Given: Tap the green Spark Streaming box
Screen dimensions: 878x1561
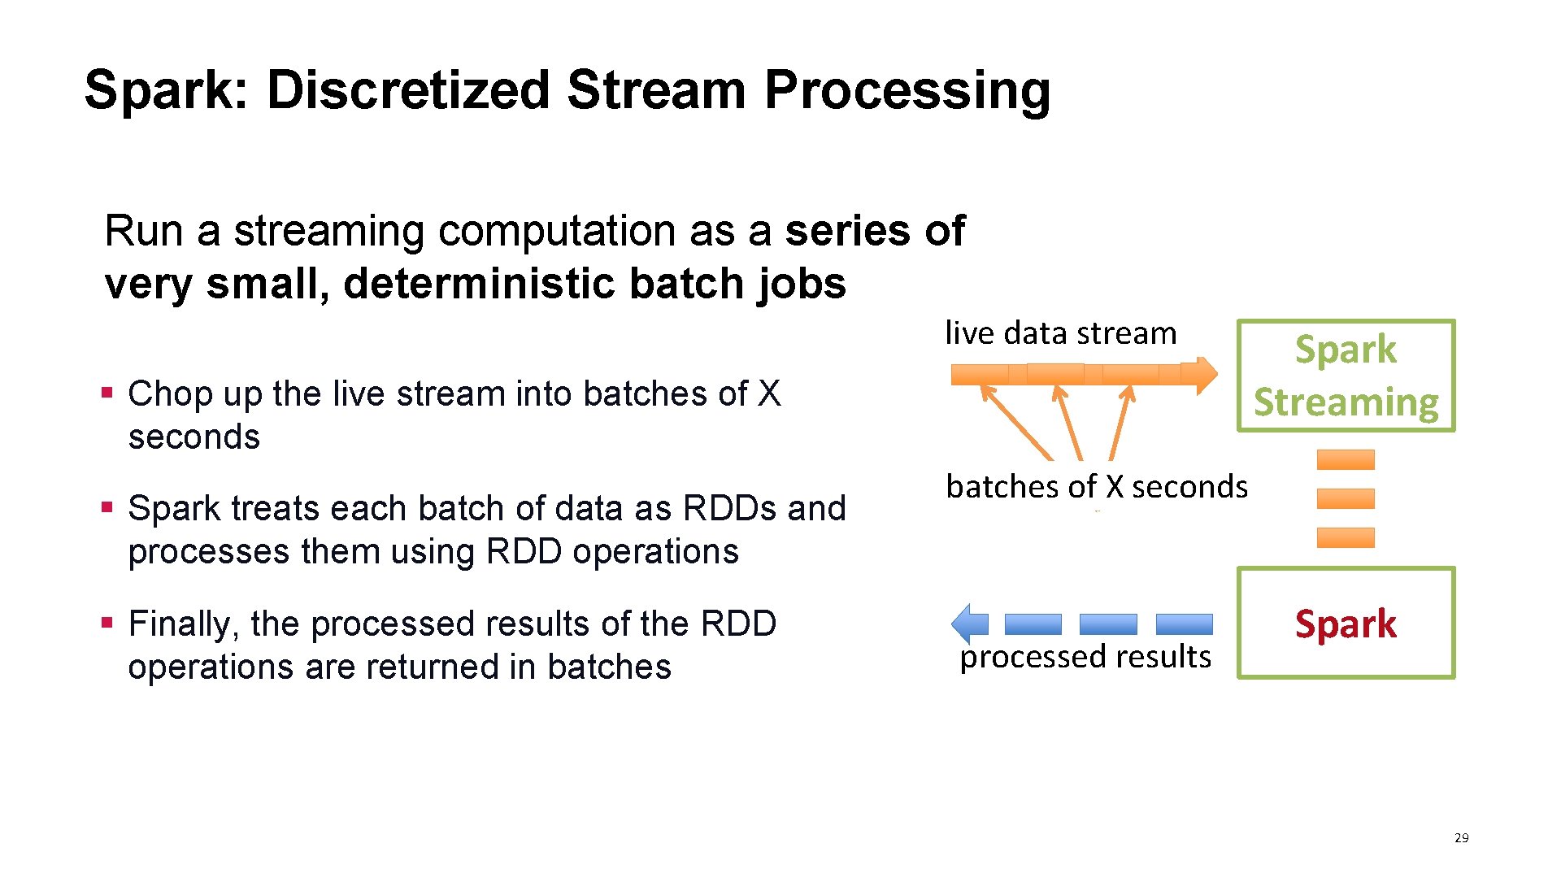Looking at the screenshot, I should [1346, 376].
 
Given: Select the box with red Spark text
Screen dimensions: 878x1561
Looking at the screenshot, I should [1346, 624].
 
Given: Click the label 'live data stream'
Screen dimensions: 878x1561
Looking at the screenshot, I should [1060, 333].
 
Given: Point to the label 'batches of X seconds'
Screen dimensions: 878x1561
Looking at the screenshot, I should [1097, 486].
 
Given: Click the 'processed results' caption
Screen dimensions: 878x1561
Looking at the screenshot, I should [1085, 656].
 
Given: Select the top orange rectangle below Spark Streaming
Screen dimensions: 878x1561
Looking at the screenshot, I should [1346, 459].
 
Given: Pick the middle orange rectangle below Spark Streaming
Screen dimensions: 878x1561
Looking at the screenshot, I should [1346, 498].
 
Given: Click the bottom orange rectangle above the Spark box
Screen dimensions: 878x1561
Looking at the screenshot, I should [1346, 537].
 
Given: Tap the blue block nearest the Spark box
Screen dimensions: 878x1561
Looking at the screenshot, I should [1184, 624].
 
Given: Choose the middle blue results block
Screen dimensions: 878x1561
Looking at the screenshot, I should [1108, 624].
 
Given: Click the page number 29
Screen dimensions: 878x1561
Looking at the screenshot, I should [1461, 837].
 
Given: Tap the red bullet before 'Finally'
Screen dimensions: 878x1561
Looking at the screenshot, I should [107, 624].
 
